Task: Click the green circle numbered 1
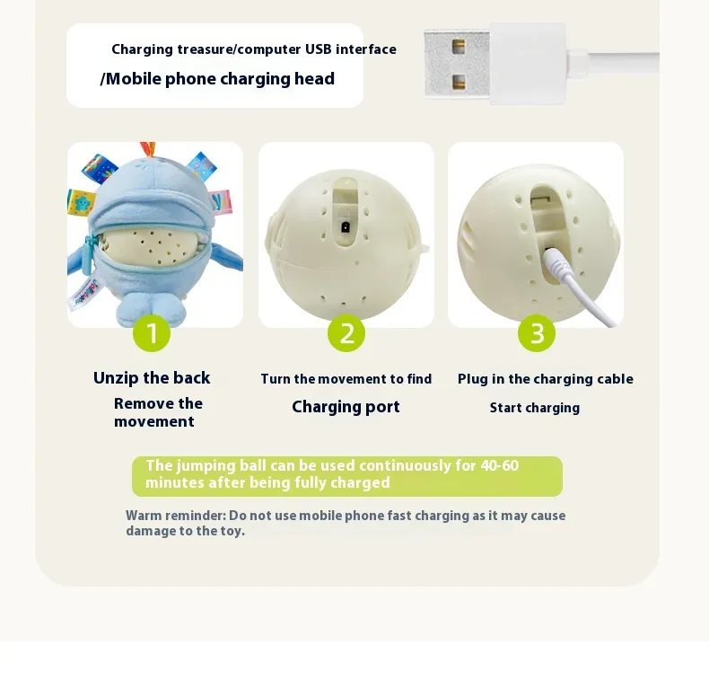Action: click(x=152, y=333)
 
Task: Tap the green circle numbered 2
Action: click(x=346, y=333)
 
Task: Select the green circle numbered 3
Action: click(x=537, y=333)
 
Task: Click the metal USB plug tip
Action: click(x=457, y=64)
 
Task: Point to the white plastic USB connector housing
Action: click(x=527, y=64)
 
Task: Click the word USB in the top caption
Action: click(x=319, y=49)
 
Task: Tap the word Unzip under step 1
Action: click(x=116, y=378)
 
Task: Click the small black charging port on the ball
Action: click(x=345, y=226)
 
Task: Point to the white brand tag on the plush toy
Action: click(x=85, y=293)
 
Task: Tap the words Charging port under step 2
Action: click(x=346, y=407)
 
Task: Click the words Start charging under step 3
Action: click(x=535, y=408)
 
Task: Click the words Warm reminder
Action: click(x=176, y=516)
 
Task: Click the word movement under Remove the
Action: click(x=154, y=421)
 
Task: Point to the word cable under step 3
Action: click(x=616, y=379)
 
